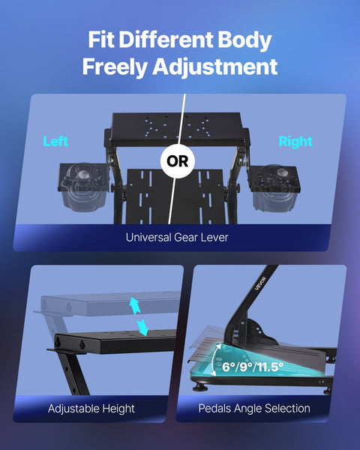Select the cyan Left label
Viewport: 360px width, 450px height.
point(55,141)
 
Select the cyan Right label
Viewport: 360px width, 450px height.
point(295,141)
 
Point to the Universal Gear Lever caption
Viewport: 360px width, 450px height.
point(177,238)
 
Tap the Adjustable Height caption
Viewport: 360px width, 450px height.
point(91,409)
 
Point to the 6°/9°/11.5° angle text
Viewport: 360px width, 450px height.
point(253,367)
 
